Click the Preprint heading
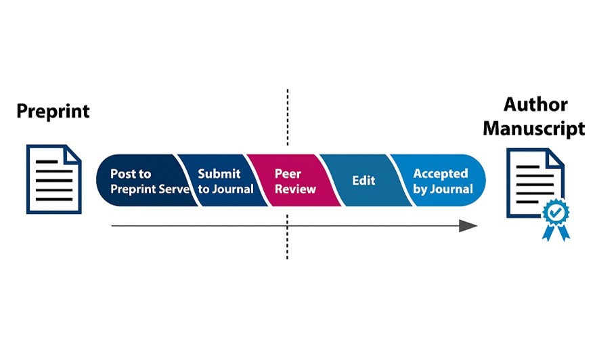[x=53, y=111]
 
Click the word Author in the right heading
[x=535, y=105]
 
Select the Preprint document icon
[x=53, y=179]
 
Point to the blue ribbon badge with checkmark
[x=555, y=216]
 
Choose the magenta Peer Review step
[x=288, y=181]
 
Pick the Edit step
[x=361, y=181]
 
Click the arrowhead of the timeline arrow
[x=468, y=225]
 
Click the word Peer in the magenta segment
[x=288, y=174]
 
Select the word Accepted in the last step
[x=441, y=174]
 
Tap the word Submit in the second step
[x=219, y=174]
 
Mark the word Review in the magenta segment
[x=295, y=189]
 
